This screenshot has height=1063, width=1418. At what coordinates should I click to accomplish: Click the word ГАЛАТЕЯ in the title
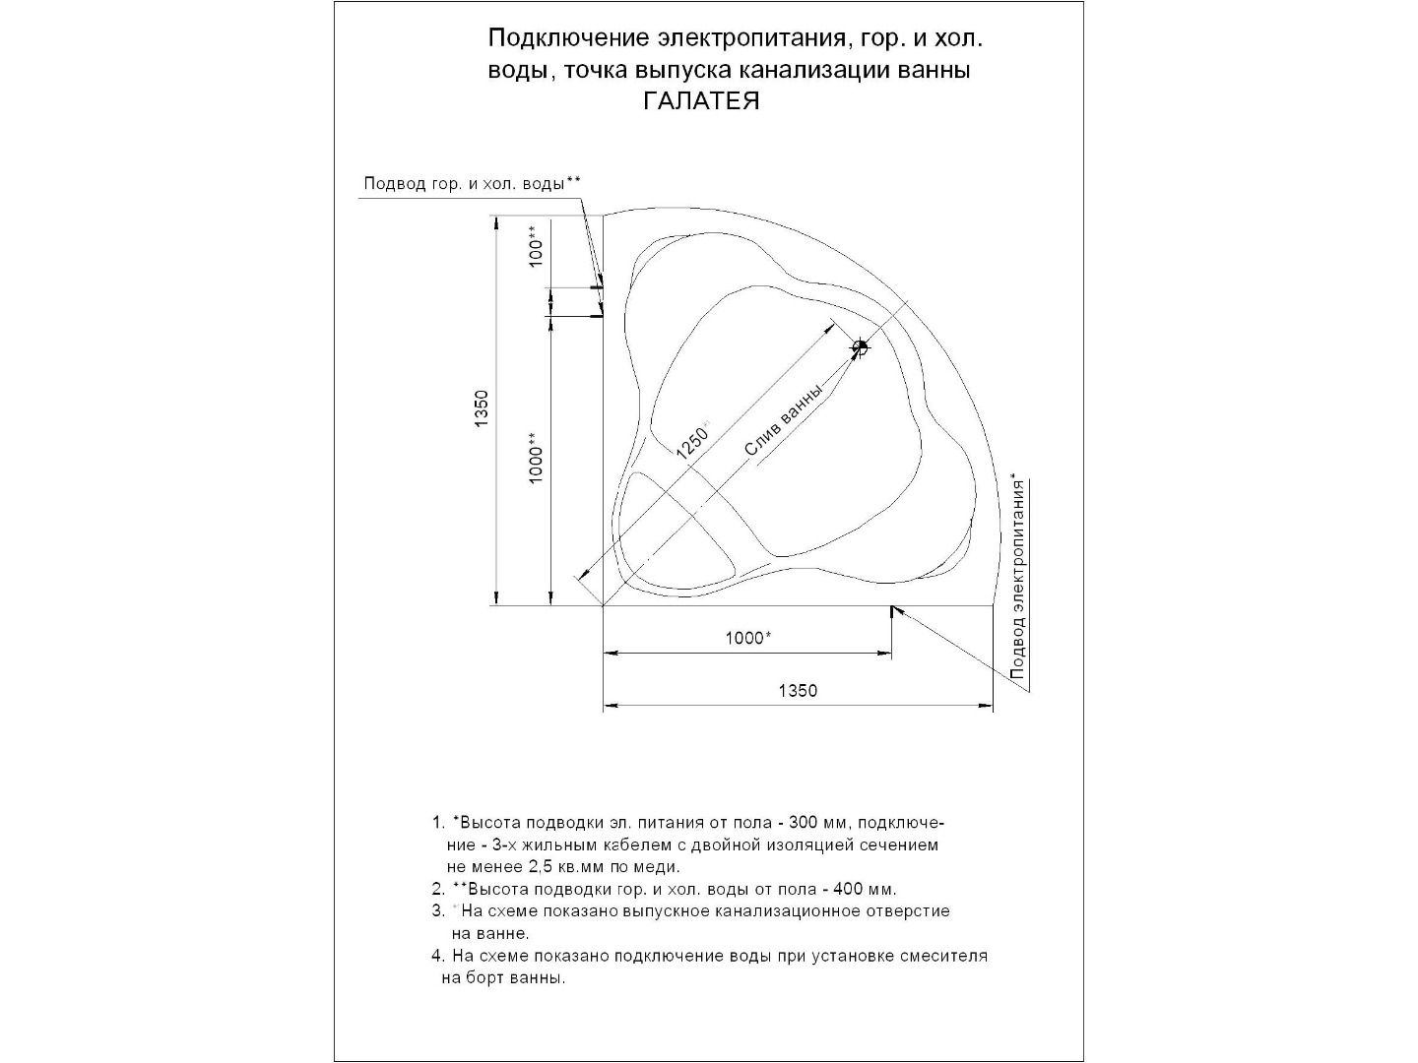pos(701,101)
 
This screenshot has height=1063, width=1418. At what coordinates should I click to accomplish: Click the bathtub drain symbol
pos(860,347)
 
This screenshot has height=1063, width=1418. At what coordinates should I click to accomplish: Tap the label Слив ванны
pos(783,421)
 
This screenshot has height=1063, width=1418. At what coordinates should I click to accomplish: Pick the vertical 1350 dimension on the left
pos(481,409)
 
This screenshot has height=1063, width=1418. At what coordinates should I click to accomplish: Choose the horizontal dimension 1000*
pos(748,638)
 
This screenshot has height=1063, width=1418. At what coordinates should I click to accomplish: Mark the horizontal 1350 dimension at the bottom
pos(798,691)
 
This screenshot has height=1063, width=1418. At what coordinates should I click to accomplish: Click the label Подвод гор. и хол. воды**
pos(473,183)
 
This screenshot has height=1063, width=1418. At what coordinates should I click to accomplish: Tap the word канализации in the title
pos(820,71)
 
